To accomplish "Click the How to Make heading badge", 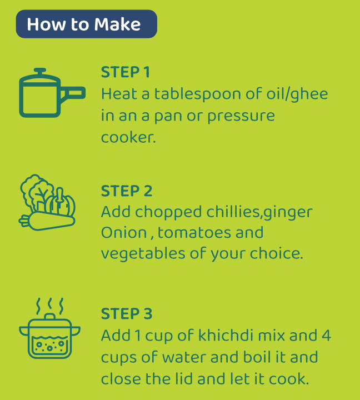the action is coord(87,24).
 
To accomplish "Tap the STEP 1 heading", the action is coord(125,72).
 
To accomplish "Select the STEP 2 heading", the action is coord(127,191).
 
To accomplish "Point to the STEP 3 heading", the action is coord(127,313).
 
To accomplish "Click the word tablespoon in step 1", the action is coord(198,94).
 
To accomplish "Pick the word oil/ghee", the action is coord(297,94).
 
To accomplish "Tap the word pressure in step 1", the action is coord(241,117).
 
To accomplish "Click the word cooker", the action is coord(128,137).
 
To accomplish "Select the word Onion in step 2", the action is coord(124,232).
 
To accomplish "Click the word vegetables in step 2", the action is coord(143,253).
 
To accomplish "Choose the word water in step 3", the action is coord(184,357).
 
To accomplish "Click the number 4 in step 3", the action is coord(326,336).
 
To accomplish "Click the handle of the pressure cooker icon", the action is coord(73,93).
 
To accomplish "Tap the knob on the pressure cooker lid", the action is coord(40,71).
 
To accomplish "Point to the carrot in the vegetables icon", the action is coord(47,221).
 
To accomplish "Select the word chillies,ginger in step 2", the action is coord(259,212).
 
